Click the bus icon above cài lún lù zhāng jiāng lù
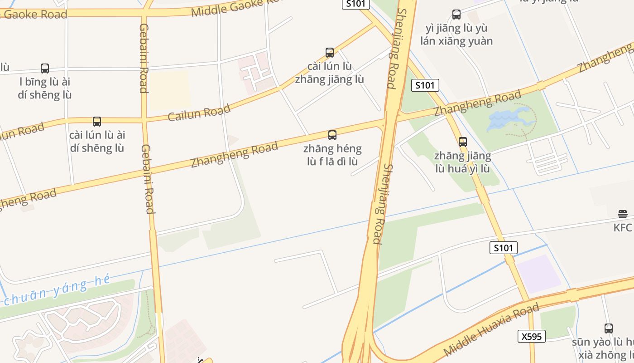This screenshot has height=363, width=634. pos(330,52)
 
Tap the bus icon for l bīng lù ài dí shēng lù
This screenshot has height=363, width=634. pos(45,69)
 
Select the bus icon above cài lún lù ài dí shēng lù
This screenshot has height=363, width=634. pos(96,122)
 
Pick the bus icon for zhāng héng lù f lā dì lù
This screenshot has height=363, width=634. pos(332,135)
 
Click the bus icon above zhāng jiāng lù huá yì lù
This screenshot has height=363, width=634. pos(462,142)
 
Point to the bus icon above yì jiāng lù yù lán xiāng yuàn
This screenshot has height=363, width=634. pos(456,15)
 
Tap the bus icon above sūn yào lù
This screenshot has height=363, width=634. pos(609,328)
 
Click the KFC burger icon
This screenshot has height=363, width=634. pos(622,214)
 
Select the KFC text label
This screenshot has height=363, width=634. pos(622,228)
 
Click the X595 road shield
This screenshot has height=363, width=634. pos(532,336)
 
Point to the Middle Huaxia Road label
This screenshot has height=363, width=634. pos(491,329)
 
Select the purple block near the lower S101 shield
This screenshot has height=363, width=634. pos(539,274)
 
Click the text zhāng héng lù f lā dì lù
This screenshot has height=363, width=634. pos(332,155)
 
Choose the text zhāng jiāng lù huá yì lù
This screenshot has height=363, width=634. pos(462,162)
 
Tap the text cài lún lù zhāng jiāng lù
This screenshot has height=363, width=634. pos(330,73)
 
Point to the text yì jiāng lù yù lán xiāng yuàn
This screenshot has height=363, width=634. pos(456,34)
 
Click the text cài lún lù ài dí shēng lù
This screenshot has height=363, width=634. pos(96,142)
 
